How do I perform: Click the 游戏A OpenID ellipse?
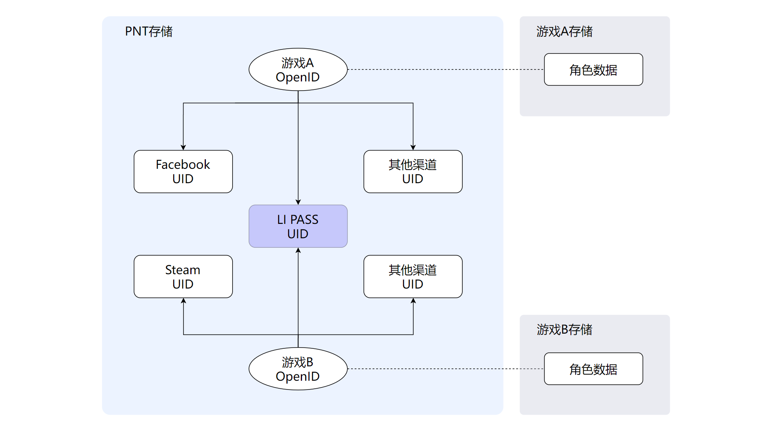pyautogui.click(x=298, y=69)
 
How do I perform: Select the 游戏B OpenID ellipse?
pyautogui.click(x=298, y=369)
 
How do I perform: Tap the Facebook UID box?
pyautogui.click(x=183, y=172)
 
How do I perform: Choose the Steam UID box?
pyautogui.click(x=183, y=277)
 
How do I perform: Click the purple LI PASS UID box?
pyautogui.click(x=298, y=226)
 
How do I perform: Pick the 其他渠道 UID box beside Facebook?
pyautogui.click(x=413, y=172)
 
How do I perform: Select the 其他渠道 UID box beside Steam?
pyautogui.click(x=413, y=277)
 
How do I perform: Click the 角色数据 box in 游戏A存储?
pyautogui.click(x=593, y=69)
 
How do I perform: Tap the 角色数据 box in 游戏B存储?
pyautogui.click(x=593, y=369)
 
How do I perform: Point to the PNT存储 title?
pyautogui.click(x=148, y=31)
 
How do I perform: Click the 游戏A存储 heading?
pyautogui.click(x=564, y=31)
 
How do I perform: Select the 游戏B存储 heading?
pyautogui.click(x=564, y=330)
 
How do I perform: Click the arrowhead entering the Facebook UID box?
pyautogui.click(x=183, y=147)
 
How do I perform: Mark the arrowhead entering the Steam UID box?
pyautogui.click(x=183, y=301)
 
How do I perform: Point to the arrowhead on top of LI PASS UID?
pyautogui.click(x=298, y=202)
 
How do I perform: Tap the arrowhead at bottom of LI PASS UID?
pyautogui.click(x=298, y=251)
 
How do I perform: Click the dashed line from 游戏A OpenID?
pyautogui.click(x=445, y=69)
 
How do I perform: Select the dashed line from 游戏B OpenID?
pyautogui.click(x=445, y=369)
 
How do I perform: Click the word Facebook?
pyautogui.click(x=183, y=164)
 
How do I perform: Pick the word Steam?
pyautogui.click(x=183, y=270)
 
